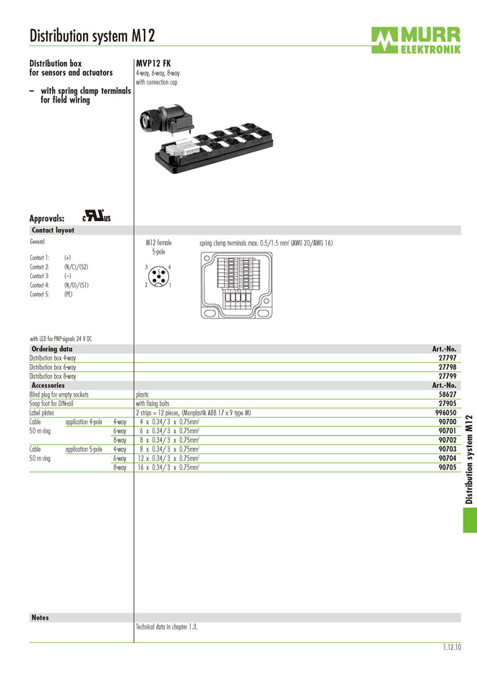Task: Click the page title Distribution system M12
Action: (x=92, y=35)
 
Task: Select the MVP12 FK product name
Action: (x=153, y=64)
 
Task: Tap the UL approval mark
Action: (x=96, y=216)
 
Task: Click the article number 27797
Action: (x=447, y=358)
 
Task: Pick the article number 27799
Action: (x=447, y=376)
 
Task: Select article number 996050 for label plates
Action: (x=446, y=413)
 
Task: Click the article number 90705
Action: (x=447, y=467)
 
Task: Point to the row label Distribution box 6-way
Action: (x=53, y=367)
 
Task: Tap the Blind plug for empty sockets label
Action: (x=59, y=394)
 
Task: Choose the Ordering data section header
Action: (x=52, y=349)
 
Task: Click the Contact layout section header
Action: (x=53, y=230)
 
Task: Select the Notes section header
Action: (x=40, y=618)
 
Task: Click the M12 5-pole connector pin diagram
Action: (x=158, y=276)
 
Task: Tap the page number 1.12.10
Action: (x=452, y=648)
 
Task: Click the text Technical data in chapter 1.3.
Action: (x=167, y=627)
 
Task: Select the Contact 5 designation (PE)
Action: (x=68, y=294)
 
